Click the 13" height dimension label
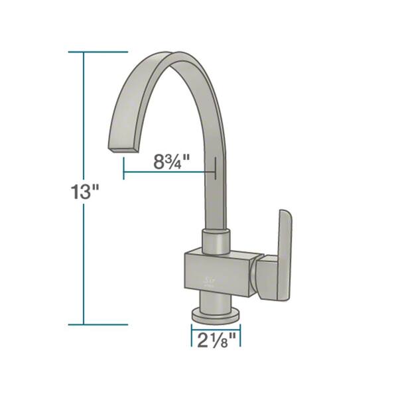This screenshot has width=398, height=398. (86, 194)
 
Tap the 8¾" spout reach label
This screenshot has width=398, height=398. (170, 160)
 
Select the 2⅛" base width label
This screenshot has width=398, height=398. (216, 341)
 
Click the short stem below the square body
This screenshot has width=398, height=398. (216, 302)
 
